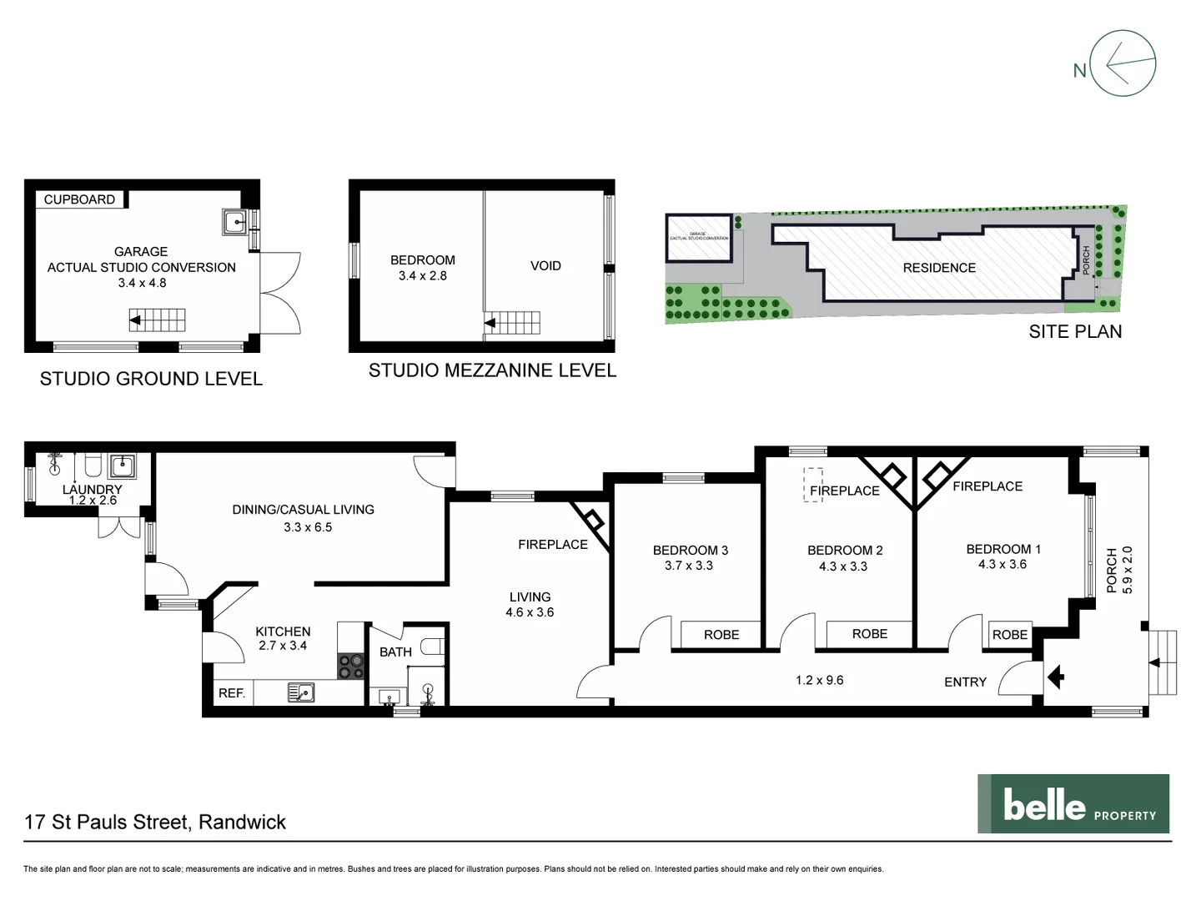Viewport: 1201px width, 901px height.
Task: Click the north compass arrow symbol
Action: [1123, 63]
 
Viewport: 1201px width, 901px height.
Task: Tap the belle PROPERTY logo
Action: [1073, 803]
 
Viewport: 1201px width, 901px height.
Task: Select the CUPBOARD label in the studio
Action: [79, 199]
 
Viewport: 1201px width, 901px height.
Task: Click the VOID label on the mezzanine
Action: [545, 265]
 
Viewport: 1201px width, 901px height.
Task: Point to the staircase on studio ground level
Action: [157, 320]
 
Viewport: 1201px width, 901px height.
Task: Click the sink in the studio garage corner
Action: [234, 221]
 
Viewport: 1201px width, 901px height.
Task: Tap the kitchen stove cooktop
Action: [351, 666]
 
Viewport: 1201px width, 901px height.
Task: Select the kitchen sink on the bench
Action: [300, 692]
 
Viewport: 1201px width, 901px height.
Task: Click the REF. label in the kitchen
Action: [231, 693]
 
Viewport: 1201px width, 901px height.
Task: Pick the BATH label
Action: [395, 652]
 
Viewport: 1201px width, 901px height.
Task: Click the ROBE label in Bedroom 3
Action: [721, 635]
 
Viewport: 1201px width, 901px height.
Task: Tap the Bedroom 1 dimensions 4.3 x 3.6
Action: [1003, 564]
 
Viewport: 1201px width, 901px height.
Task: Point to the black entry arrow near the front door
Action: [1056, 677]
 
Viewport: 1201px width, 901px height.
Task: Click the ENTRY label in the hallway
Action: [965, 682]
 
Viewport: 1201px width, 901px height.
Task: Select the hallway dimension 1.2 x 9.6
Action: [819, 680]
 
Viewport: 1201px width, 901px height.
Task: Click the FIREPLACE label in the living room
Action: [552, 544]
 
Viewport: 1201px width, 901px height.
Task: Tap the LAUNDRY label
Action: [92, 490]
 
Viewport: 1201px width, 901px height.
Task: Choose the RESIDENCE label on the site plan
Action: [939, 268]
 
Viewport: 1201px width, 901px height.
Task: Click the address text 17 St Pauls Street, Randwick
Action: [155, 822]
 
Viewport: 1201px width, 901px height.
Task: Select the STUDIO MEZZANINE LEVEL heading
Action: [492, 370]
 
